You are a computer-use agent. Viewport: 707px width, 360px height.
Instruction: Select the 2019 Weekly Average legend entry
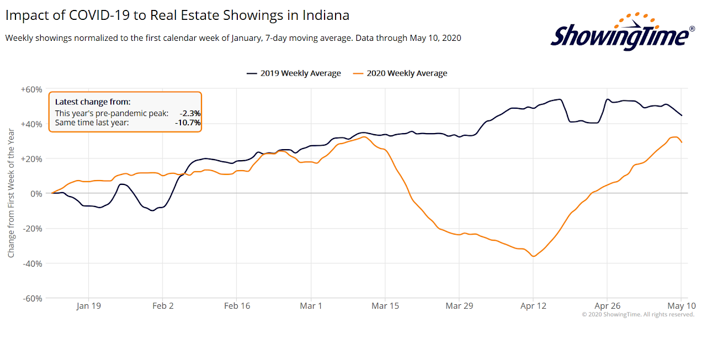[294, 73]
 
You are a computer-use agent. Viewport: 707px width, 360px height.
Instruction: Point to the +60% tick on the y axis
[32, 89]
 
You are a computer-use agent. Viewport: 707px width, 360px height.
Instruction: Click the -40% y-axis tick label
[33, 263]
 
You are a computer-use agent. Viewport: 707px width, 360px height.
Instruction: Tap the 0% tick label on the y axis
[37, 194]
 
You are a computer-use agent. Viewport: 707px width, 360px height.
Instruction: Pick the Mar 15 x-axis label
[385, 306]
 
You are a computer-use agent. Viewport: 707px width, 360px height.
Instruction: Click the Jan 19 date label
[88, 306]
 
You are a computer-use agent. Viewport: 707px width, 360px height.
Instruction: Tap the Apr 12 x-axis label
[533, 306]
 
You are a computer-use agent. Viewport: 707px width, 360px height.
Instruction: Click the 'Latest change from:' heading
[93, 102]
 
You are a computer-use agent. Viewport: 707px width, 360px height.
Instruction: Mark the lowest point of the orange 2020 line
[533, 256]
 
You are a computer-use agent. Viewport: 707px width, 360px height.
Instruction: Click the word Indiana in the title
[326, 15]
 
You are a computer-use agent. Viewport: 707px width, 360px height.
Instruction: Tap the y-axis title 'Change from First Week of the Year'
[12, 193]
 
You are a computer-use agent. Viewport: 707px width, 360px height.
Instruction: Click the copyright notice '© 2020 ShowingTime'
[637, 315]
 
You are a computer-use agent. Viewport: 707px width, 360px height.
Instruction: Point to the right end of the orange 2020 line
[682, 142]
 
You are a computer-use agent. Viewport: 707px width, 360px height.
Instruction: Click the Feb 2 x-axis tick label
[162, 306]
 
